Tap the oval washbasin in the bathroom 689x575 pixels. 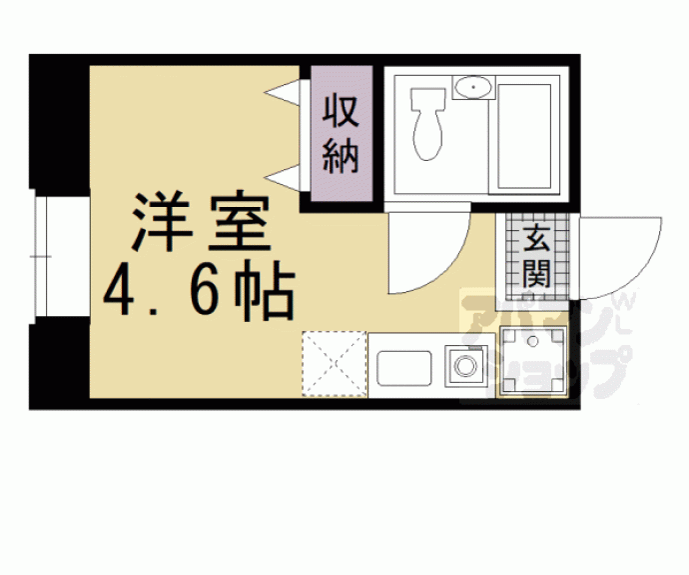click(x=472, y=87)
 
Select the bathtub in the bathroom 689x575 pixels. click(x=524, y=137)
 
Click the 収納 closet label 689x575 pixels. click(x=341, y=134)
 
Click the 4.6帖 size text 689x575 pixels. click(x=199, y=291)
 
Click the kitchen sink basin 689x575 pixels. click(x=404, y=368)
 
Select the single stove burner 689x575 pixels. click(x=465, y=366)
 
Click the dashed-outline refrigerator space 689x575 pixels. click(x=335, y=364)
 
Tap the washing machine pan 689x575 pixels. click(x=533, y=360)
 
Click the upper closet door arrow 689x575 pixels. click(x=283, y=92)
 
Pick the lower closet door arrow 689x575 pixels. click(x=283, y=178)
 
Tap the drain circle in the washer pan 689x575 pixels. click(x=533, y=341)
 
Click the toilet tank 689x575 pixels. click(x=427, y=99)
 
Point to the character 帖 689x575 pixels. click(x=264, y=291)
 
